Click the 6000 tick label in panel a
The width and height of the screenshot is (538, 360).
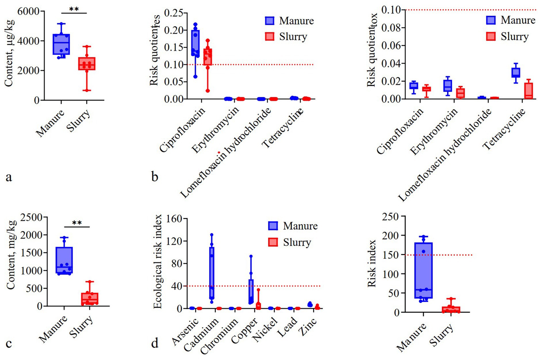point(28,11)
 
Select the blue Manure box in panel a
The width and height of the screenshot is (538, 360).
point(61,44)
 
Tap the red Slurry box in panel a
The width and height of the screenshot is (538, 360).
point(87,64)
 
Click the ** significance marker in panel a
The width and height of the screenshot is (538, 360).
point(74,9)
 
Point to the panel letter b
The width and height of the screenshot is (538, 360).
point(155,177)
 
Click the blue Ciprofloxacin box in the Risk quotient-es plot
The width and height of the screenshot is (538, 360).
point(196,43)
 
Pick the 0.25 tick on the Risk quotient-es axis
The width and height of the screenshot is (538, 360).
point(174,13)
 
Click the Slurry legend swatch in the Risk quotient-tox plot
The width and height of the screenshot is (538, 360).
point(491,36)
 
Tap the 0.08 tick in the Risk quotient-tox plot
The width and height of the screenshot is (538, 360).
point(393,28)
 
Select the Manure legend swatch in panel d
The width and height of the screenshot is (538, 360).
point(273,226)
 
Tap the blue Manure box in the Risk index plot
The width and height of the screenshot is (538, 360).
point(423,271)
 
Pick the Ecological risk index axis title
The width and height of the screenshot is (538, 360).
point(158,262)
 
